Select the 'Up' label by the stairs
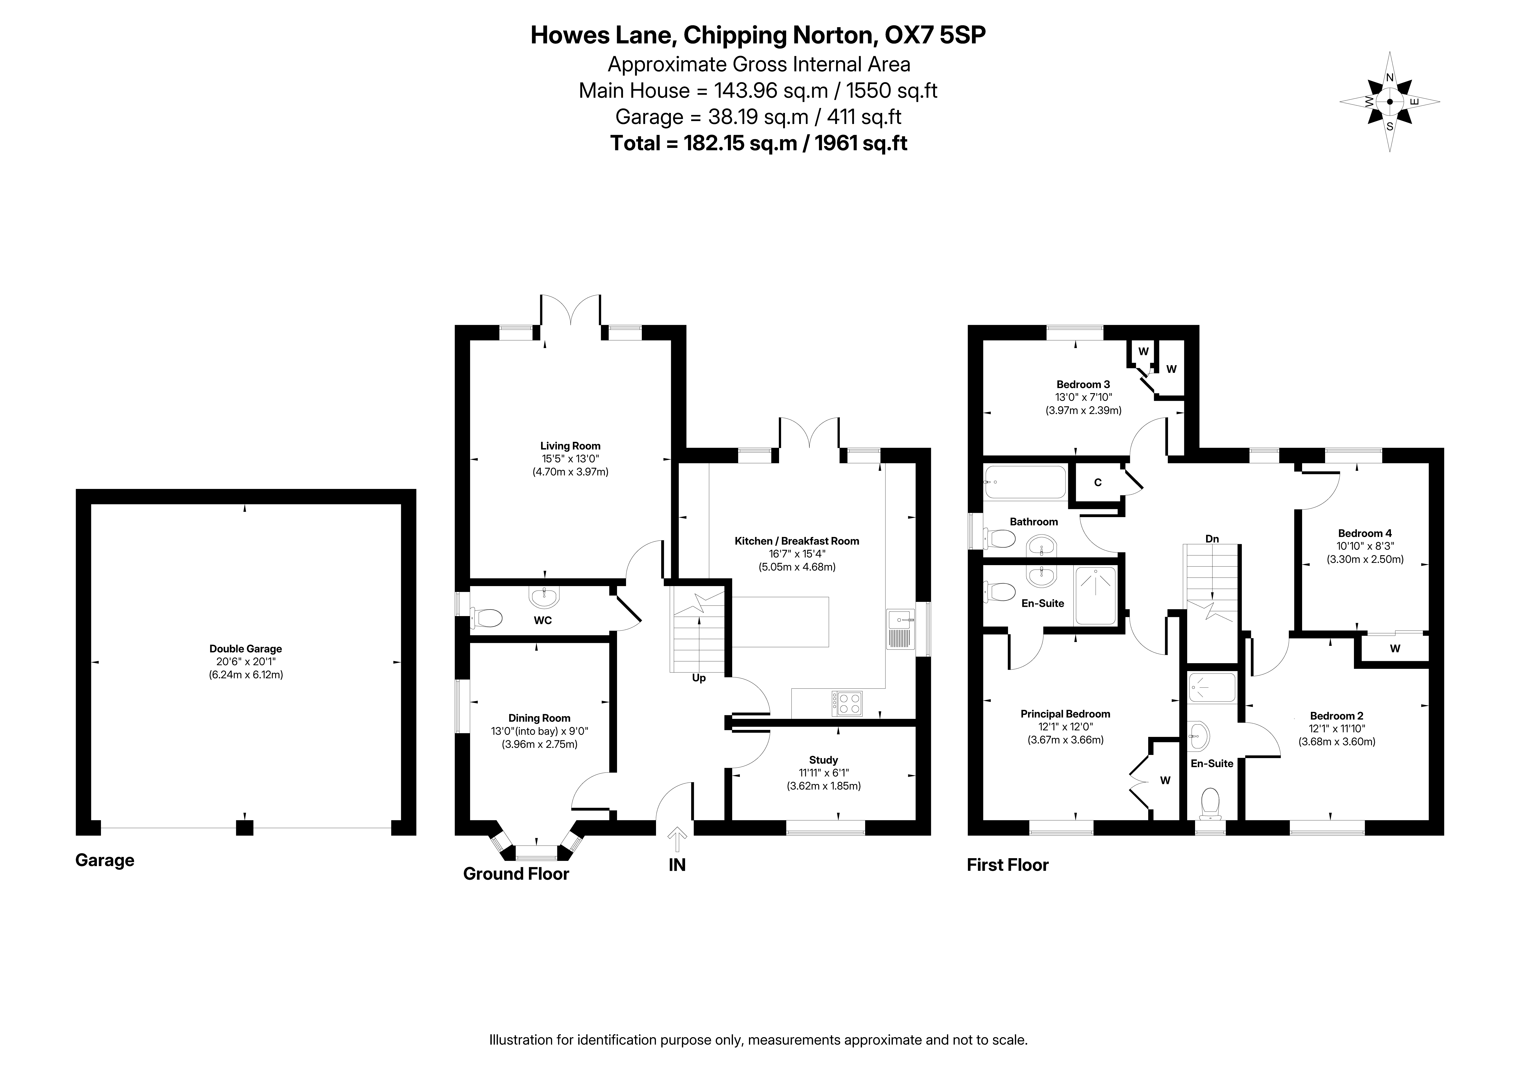pyautogui.click(x=699, y=678)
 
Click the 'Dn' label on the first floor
pyautogui.click(x=1212, y=539)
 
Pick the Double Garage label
pyautogui.click(x=246, y=649)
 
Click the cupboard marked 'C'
pyautogui.click(x=1098, y=482)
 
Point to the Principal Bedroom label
pyautogui.click(x=1065, y=714)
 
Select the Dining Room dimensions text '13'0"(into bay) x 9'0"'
pyautogui.click(x=540, y=731)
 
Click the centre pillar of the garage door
pyautogui.click(x=245, y=828)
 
